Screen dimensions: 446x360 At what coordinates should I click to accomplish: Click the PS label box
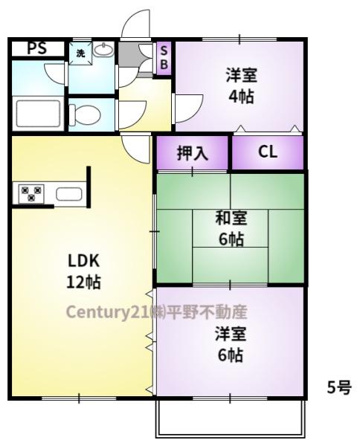pyautogui.click(x=36, y=48)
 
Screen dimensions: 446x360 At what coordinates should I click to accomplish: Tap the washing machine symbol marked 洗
pyautogui.click(x=80, y=53)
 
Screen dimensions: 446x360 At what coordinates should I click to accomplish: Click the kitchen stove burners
pyautogui.click(x=30, y=195)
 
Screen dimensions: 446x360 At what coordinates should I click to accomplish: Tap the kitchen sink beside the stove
pyautogui.click(x=68, y=195)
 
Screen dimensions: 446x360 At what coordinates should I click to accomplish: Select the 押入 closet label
pyautogui.click(x=192, y=153)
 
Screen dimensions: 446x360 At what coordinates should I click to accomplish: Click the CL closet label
pyautogui.click(x=267, y=152)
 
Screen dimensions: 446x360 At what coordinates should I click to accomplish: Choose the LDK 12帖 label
pyautogui.click(x=83, y=271)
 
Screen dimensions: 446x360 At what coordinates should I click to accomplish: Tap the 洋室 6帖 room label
pyautogui.click(x=231, y=344)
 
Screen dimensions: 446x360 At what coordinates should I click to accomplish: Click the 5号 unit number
pyautogui.click(x=340, y=388)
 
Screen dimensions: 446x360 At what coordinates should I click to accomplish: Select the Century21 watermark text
pyautogui.click(x=155, y=311)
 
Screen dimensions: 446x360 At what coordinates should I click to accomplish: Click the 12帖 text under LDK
pyautogui.click(x=83, y=282)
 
